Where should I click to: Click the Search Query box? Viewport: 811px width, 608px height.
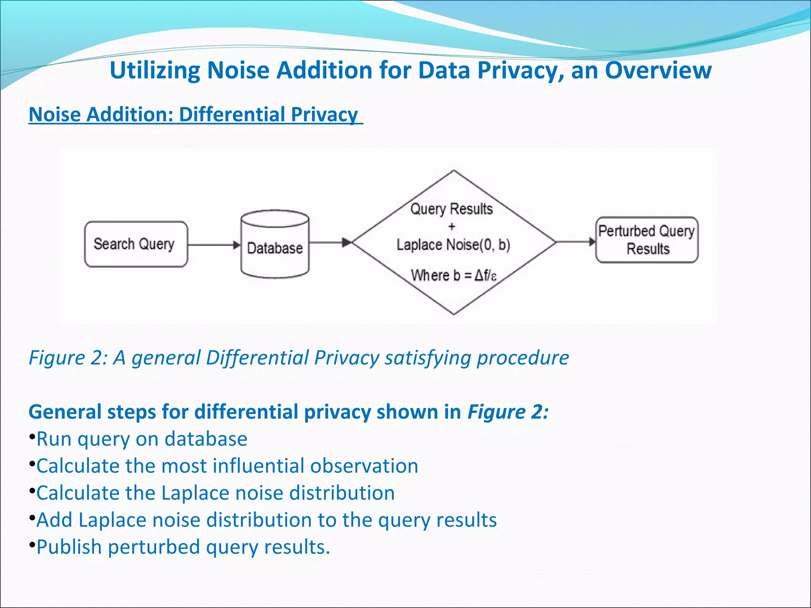tap(136, 244)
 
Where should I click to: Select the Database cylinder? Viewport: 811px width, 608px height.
tap(275, 245)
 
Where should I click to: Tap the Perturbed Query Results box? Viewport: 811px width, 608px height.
tap(647, 240)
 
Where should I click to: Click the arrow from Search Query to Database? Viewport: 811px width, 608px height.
tap(214, 245)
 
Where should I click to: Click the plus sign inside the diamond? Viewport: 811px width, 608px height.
tap(452, 227)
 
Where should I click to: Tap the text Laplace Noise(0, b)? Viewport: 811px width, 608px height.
tap(453, 245)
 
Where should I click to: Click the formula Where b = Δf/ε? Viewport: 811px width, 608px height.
tap(453, 275)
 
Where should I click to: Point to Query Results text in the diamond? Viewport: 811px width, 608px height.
tap(451, 209)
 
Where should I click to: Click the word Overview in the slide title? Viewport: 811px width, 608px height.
tap(658, 70)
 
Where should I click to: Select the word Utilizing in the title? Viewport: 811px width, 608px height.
tap(155, 70)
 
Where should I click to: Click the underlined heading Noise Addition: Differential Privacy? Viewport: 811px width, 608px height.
tap(194, 115)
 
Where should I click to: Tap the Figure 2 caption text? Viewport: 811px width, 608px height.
tap(299, 358)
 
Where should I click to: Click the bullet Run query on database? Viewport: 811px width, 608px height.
tap(142, 439)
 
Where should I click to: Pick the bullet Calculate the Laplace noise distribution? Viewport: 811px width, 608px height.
tap(215, 493)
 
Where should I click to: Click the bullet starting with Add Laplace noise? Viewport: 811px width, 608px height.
tap(266, 520)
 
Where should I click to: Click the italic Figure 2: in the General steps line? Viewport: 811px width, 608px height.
tap(508, 412)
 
